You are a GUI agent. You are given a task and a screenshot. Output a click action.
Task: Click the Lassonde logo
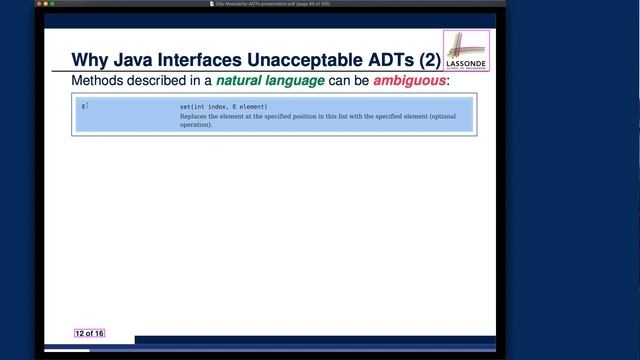tap(466, 51)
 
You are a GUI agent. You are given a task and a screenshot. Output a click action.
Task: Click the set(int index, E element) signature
tap(217, 107)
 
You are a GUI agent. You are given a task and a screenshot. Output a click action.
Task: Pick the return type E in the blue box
tap(84, 107)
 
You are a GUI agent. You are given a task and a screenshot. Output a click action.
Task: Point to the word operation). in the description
tap(196, 125)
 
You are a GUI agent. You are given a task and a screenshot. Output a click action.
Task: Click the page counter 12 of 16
tap(89, 333)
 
